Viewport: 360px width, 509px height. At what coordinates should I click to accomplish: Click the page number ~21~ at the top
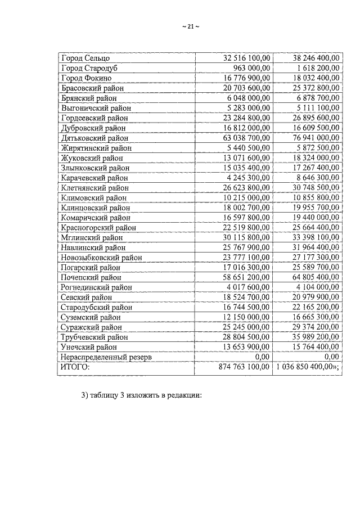point(191,27)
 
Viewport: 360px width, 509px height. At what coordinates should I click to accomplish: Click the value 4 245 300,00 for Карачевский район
point(246,178)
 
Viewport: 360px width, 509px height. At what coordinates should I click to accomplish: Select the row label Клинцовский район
point(94,208)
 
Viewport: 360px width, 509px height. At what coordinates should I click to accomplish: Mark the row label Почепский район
point(91,277)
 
